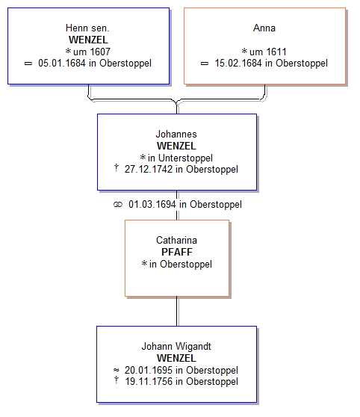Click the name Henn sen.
coord(87,28)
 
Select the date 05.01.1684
coord(62,64)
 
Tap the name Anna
coord(264,28)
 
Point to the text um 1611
coord(268,52)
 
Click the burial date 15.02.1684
coord(238,64)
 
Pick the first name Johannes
coord(176,134)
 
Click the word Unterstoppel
coord(185,158)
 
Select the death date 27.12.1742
coord(149,170)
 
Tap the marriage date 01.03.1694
coord(152,205)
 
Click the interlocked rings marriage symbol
coord(118,205)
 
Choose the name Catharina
coord(176,240)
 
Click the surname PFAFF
coord(177,252)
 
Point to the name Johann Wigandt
coord(176,346)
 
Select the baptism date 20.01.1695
coord(149,370)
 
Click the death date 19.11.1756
coord(149,382)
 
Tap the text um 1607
coord(92,52)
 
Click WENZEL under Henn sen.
coord(88,40)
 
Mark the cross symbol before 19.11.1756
coord(117,380)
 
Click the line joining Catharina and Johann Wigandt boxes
coord(177,311)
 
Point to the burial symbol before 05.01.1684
coord(28,64)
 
